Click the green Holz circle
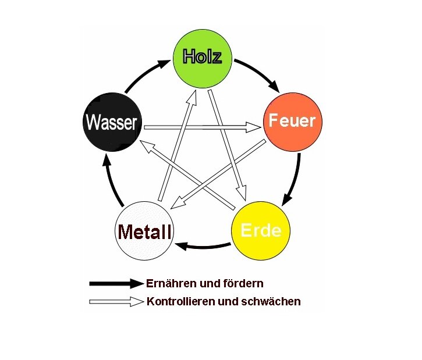coord(203,57)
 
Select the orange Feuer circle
coord(292,122)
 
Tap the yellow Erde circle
coord(260,230)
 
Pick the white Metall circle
coord(144,231)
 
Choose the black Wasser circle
coord(111,122)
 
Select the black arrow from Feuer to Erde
coord(294,180)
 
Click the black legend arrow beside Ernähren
coord(116,283)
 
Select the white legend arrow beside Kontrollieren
coord(116,301)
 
